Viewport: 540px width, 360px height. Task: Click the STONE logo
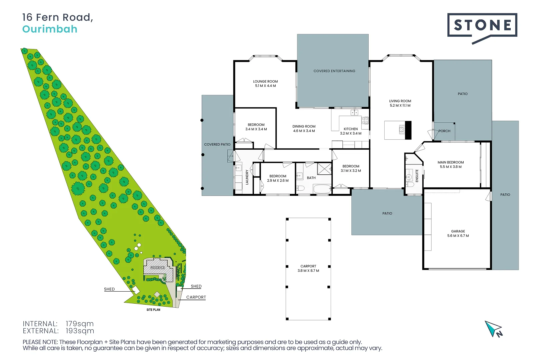482,25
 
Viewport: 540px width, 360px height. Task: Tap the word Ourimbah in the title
50,29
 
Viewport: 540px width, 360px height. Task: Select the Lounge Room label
265,81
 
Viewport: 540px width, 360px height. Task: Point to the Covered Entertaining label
334,71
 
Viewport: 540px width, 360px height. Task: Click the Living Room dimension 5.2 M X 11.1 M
400,106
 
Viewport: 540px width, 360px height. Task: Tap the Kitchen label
351,129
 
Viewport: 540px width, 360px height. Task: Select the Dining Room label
304,127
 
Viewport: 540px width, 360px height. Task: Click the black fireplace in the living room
408,130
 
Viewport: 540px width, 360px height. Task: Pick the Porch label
444,131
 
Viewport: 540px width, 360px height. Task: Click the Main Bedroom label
451,162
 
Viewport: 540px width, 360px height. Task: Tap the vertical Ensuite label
417,176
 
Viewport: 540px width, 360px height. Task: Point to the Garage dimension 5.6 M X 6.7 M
458,236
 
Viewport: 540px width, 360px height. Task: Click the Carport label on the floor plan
308,266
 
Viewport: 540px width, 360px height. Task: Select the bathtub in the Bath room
322,189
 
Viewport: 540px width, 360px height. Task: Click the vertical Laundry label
247,177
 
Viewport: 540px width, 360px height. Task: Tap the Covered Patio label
217,145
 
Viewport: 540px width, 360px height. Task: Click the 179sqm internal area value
80,324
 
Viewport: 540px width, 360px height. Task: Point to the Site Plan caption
153,310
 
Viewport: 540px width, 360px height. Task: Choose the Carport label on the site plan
196,297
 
